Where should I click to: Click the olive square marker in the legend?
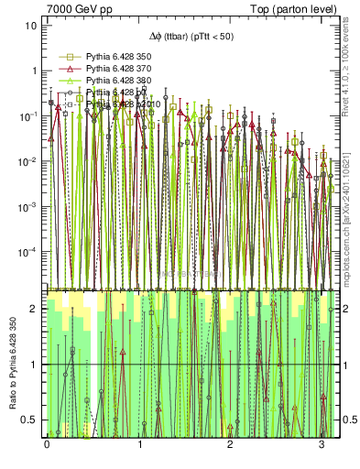(68, 56)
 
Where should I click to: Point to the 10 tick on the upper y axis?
(30, 26)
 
